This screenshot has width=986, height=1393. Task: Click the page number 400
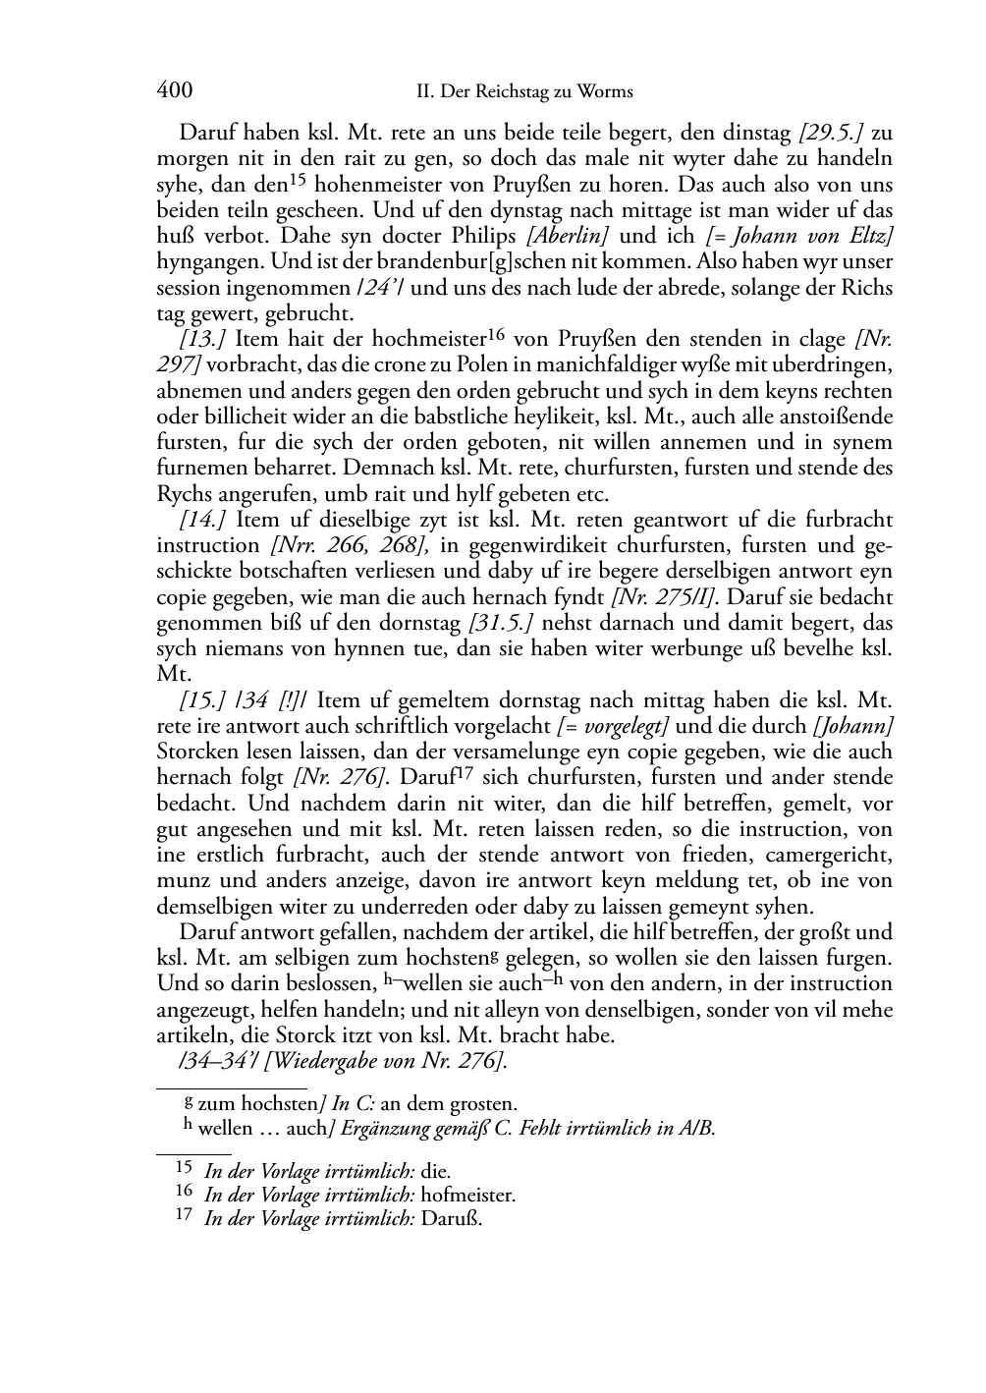coord(174,91)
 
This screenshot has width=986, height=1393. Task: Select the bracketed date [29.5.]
coord(834,133)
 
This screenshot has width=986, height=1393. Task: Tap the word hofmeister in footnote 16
coord(474,1196)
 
